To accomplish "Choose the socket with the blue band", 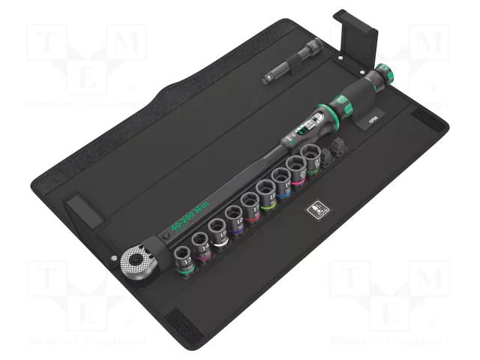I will [x=283, y=183].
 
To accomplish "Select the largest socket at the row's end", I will [x=312, y=158].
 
